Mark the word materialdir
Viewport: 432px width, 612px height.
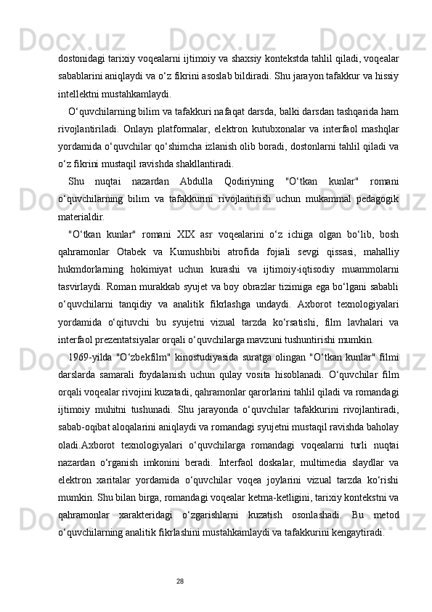[x=83, y=216]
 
